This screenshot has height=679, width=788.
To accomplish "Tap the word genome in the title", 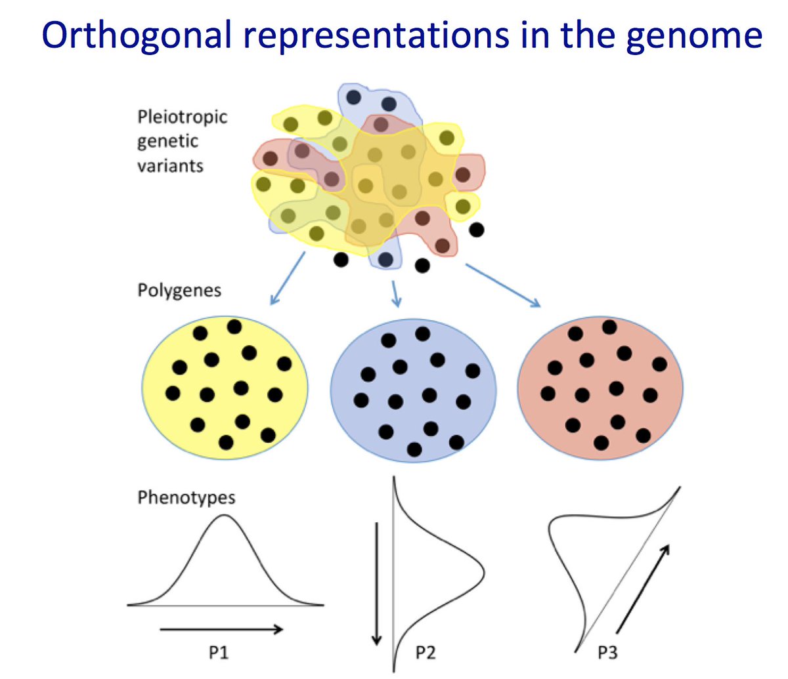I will coord(694,37).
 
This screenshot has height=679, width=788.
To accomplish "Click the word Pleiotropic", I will coord(182,117).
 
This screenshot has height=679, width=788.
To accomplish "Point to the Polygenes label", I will coord(179,290).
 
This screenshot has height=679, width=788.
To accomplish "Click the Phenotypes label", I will coord(186,497).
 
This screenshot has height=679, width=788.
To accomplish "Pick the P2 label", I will coord(425,653).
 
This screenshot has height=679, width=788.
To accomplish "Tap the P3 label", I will coord(607,653).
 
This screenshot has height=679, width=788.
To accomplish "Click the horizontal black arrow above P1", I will coord(221,630).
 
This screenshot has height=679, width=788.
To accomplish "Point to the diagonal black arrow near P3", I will coord(643,587).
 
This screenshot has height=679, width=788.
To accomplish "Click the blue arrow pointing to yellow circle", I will coord(288,279).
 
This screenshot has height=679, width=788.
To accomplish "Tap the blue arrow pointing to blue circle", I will coord(395,294).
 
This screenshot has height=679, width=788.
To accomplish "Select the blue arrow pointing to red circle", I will coord(502,285).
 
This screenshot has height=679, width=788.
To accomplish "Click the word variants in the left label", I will coord(170,165).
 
